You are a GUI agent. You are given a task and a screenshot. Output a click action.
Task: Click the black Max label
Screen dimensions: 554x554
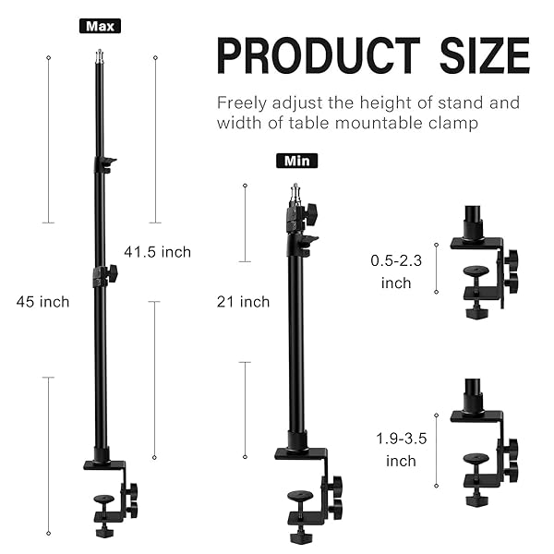100,26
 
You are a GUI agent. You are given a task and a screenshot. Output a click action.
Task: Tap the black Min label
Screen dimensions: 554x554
296,161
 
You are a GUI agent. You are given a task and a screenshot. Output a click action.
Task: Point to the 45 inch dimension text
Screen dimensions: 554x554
42,302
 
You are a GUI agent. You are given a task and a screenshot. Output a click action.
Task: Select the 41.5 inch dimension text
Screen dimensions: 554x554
157,252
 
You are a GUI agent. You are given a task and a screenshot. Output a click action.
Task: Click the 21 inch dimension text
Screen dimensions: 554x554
243,302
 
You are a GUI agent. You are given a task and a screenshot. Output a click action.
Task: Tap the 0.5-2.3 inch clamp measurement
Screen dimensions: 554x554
396,271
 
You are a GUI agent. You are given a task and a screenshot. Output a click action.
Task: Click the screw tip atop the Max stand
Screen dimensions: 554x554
99,58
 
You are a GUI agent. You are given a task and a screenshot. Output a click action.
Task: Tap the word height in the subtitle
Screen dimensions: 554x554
379,102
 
